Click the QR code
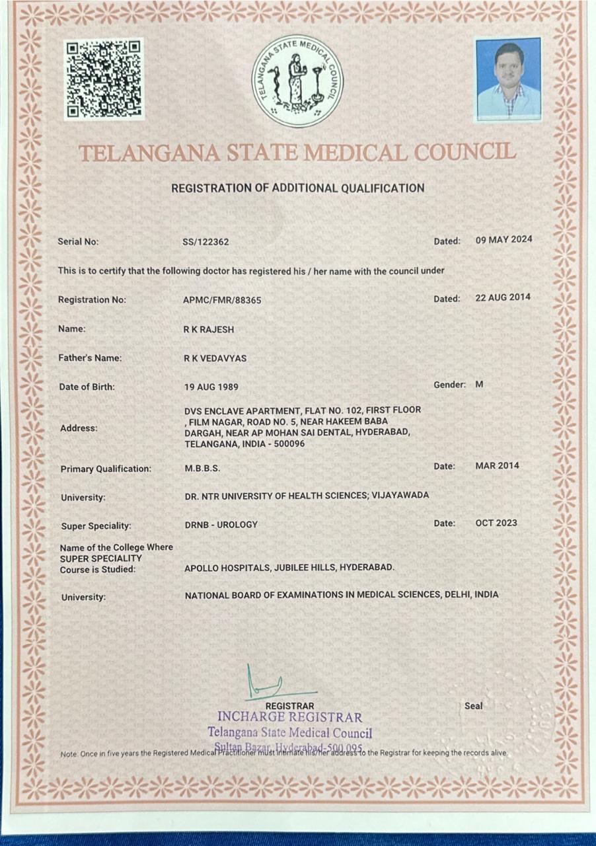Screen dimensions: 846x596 click(104, 79)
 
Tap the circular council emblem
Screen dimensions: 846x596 click(297, 81)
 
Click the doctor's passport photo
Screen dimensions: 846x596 click(508, 79)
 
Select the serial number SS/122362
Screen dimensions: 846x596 click(205, 242)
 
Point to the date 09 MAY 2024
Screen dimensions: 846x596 click(503, 239)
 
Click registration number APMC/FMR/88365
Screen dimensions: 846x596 click(222, 300)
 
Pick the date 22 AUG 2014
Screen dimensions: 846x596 click(503, 297)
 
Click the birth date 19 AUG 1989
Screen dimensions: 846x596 click(211, 387)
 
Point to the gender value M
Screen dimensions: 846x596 click(479, 384)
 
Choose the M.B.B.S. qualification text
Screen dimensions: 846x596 click(202, 468)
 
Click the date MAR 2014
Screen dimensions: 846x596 click(497, 465)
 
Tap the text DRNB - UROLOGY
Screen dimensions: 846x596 click(221, 524)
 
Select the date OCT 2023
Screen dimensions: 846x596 click(496, 523)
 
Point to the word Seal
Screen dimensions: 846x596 click(473, 706)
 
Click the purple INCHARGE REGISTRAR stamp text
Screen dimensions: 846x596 click(289, 717)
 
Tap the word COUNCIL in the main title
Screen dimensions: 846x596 click(465, 152)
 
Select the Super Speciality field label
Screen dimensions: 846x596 click(96, 526)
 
